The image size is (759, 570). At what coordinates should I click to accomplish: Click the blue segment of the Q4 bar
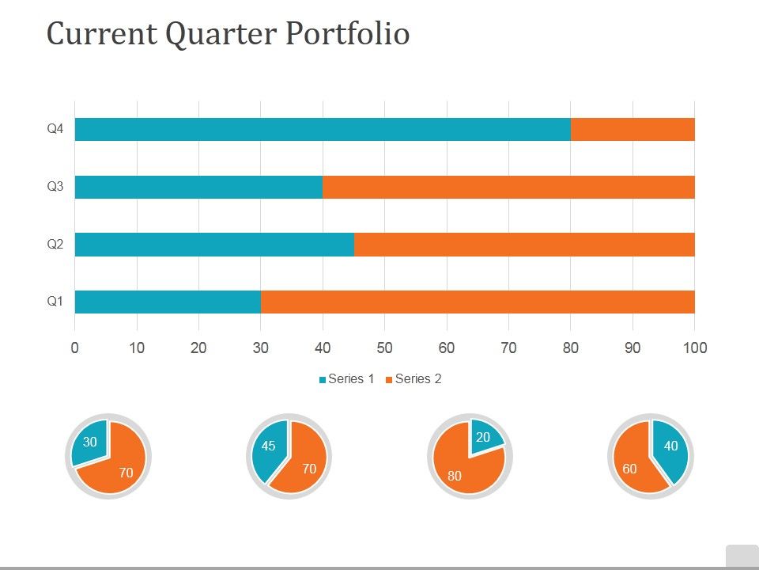coord(323,130)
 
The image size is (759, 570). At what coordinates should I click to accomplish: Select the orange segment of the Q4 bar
coord(632,130)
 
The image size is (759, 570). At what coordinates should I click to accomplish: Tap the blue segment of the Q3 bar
coord(198,187)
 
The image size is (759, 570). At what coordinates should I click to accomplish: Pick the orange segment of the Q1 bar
coord(478,302)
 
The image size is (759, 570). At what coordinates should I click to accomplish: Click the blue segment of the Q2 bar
coord(214,245)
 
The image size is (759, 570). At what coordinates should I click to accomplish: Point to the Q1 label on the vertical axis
coord(55,302)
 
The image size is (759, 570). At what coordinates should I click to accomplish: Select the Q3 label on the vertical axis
coord(55,187)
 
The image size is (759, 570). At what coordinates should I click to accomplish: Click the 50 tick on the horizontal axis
coord(384,348)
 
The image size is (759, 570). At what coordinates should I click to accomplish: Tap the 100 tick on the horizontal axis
coord(694,348)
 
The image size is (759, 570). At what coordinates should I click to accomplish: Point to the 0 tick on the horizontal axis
coord(74,348)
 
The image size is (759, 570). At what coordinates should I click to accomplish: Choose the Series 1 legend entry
coord(347,379)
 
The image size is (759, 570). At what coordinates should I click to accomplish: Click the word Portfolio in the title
coord(347,34)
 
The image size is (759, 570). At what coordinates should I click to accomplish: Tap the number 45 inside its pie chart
coord(269,446)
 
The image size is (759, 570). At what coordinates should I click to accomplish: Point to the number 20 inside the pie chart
coord(482,438)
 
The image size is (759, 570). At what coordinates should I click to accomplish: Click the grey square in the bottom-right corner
coord(742,556)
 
